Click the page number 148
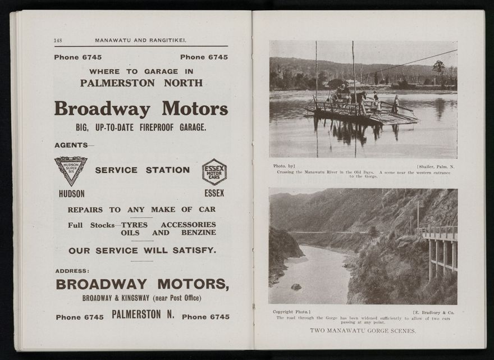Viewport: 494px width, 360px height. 58,40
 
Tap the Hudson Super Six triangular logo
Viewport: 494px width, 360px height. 71,170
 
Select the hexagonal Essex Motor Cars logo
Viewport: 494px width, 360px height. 214,171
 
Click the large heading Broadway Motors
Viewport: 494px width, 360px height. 141,108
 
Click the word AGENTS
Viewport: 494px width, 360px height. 71,145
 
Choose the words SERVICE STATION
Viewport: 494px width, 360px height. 142,170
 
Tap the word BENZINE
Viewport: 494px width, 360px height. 198,233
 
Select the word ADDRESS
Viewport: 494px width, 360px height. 72,271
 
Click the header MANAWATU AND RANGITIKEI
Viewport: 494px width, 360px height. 140,40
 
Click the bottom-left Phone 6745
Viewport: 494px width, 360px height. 79,317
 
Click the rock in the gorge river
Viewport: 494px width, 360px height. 296,286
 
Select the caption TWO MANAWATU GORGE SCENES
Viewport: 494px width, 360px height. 363,331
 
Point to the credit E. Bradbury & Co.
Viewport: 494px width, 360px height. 433,312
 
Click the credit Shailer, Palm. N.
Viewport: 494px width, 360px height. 436,166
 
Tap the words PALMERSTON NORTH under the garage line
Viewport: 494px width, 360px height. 141,83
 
